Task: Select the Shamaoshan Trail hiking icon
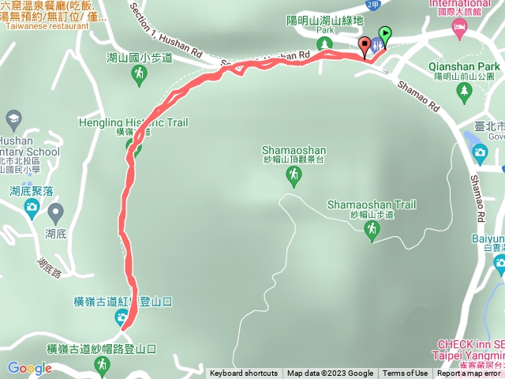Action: click(x=371, y=229)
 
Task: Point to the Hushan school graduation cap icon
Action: click(x=13, y=120)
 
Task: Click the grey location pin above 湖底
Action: click(x=55, y=212)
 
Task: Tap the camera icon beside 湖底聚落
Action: click(x=32, y=208)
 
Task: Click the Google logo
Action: click(x=29, y=368)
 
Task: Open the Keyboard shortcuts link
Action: click(x=243, y=373)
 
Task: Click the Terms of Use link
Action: click(x=406, y=373)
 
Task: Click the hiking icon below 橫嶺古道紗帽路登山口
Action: click(x=102, y=364)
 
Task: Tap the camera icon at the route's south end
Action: click(x=122, y=317)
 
